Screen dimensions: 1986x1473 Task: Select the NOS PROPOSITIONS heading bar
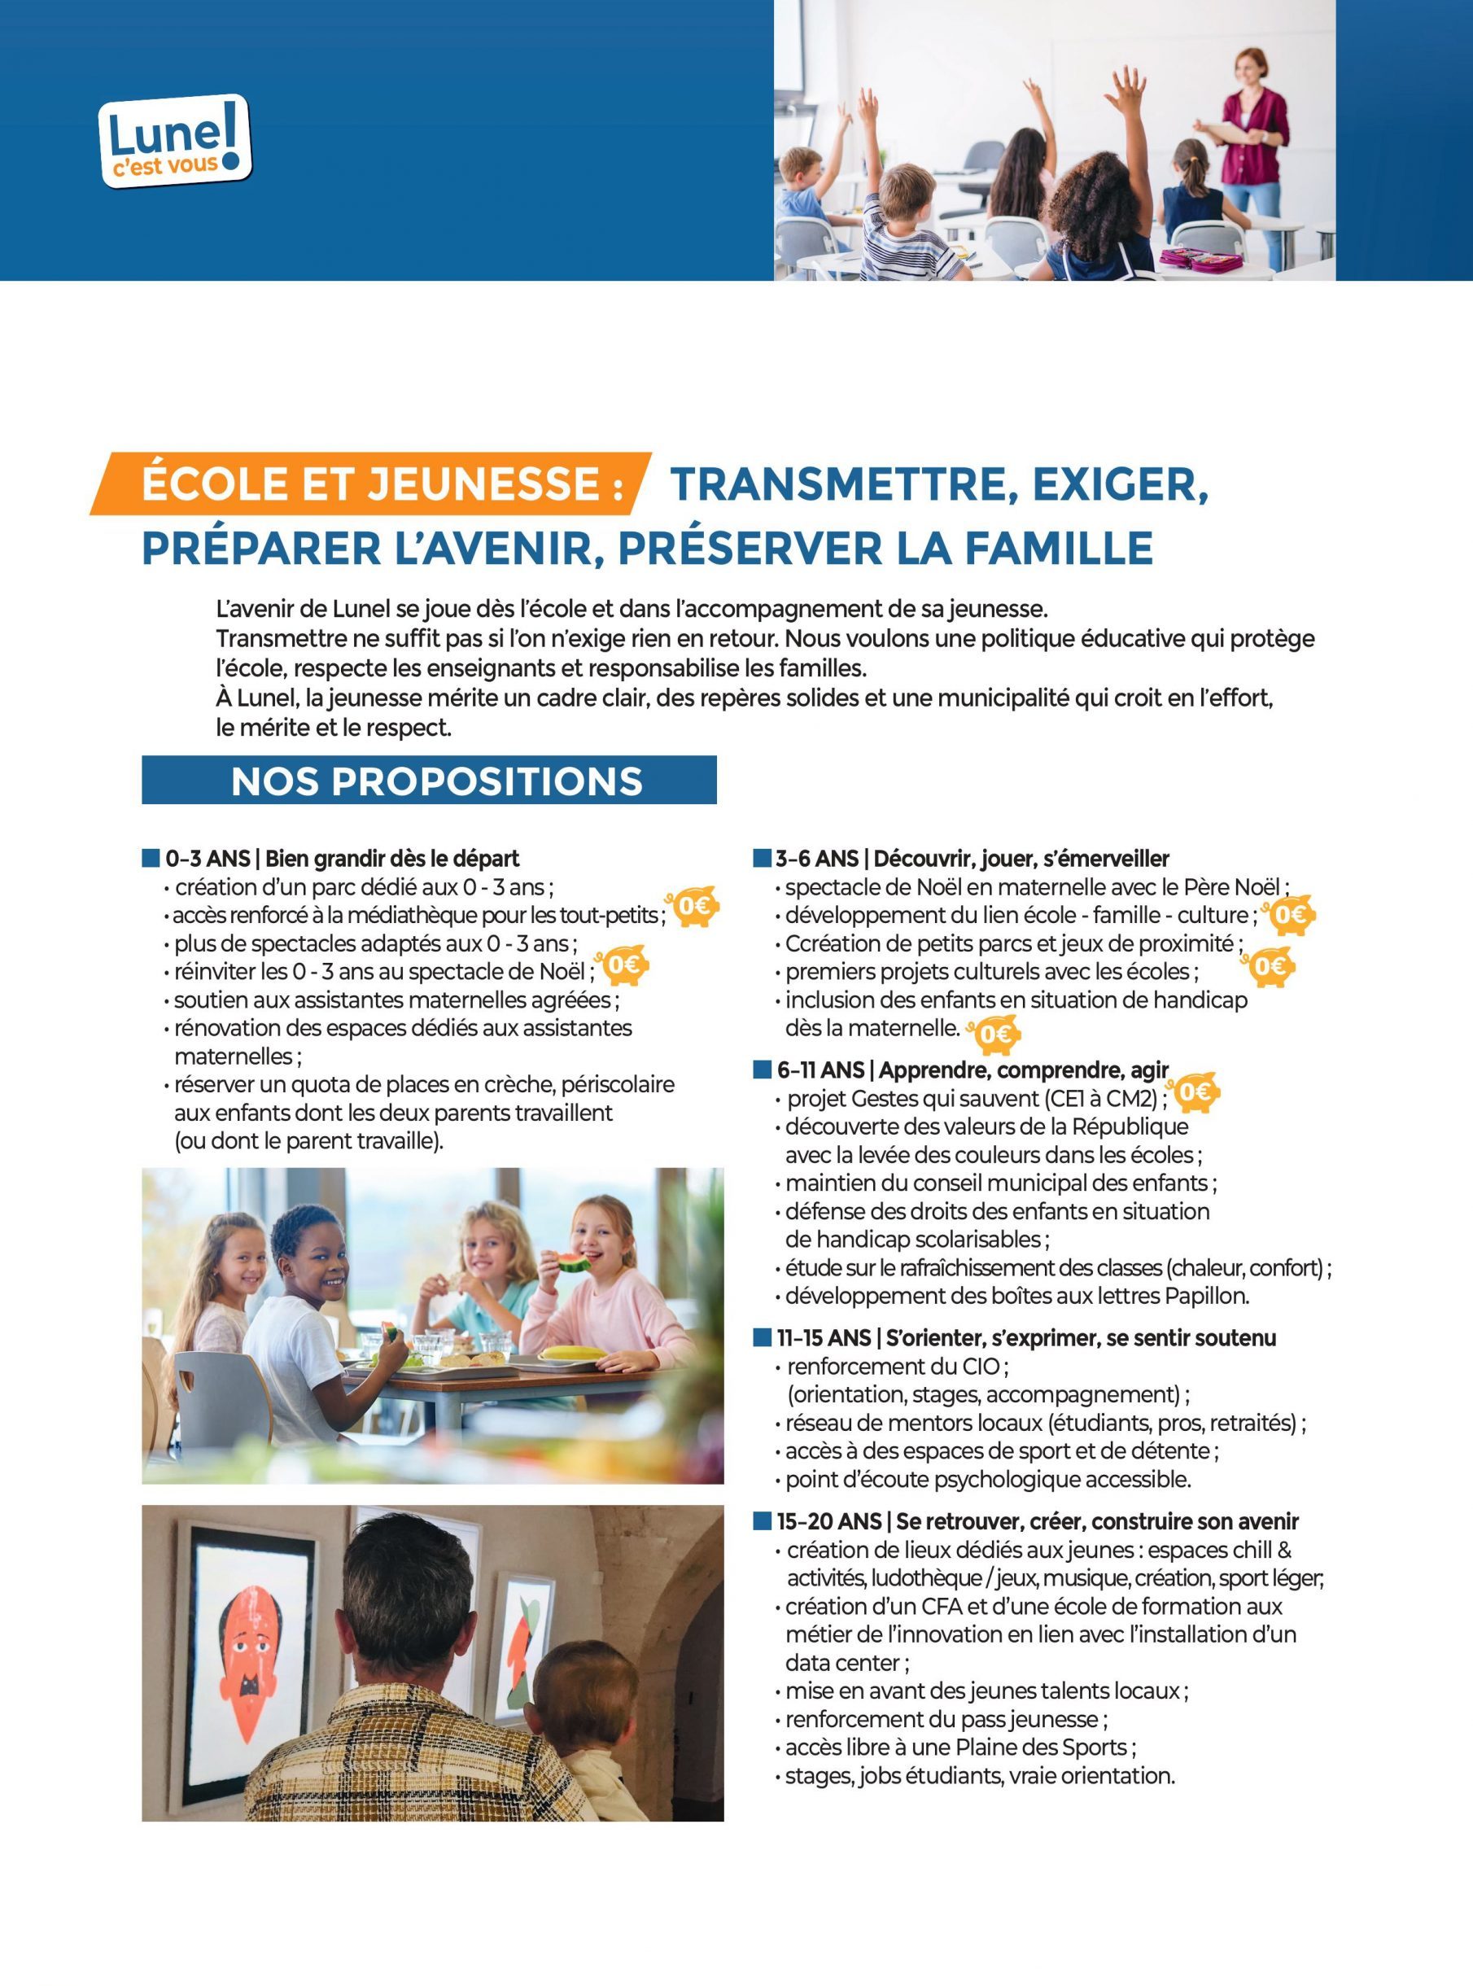[x=429, y=781]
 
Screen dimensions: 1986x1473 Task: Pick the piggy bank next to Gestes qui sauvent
[x=1195, y=1092]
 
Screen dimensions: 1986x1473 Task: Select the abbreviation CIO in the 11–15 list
[x=980, y=1367]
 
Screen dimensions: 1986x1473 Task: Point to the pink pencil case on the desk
[x=1200, y=260]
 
